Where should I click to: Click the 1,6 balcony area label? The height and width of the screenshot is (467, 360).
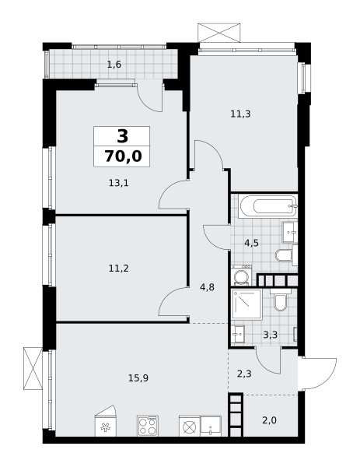click(x=114, y=65)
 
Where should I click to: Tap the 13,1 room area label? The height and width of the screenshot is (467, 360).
click(x=119, y=183)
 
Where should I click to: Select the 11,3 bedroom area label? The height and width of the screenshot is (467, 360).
click(x=241, y=114)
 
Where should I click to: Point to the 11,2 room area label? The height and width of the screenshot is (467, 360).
click(x=119, y=269)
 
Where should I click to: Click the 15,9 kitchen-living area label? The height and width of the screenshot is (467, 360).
click(x=138, y=378)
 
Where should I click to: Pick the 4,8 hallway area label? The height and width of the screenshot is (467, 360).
click(x=208, y=288)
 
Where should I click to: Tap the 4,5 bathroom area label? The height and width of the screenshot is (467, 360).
click(x=251, y=243)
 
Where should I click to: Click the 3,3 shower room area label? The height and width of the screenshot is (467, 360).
click(x=270, y=335)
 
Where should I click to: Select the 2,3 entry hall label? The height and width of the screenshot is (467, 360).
click(x=244, y=374)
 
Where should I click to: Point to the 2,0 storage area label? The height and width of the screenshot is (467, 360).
click(x=270, y=420)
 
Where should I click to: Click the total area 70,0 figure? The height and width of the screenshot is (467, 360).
click(x=123, y=156)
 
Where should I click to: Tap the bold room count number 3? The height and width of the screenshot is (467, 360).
click(x=123, y=136)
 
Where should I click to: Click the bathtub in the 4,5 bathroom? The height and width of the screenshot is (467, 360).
click(x=269, y=206)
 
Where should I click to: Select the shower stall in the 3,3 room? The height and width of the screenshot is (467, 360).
click(x=247, y=304)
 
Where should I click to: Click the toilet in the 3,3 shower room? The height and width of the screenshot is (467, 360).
click(x=280, y=300)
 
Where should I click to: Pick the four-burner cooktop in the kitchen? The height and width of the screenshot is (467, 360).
click(x=148, y=427)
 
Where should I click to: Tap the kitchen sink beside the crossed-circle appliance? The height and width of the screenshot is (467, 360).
click(x=211, y=427)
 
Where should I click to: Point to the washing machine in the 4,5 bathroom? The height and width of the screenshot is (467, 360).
click(x=242, y=276)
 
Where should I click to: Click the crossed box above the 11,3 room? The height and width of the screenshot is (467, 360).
click(x=219, y=33)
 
